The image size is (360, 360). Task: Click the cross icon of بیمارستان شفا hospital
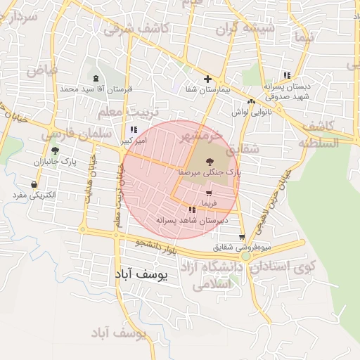point(207,79)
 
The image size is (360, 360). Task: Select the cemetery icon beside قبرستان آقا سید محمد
point(96,79)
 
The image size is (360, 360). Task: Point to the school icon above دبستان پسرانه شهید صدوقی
point(286,75)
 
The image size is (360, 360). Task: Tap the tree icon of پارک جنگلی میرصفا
point(209,162)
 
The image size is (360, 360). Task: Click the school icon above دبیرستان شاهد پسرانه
point(192,210)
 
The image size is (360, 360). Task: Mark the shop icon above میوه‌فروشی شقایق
point(242,238)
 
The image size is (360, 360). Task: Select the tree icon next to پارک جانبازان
point(55,151)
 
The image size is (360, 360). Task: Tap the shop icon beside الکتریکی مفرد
point(34,184)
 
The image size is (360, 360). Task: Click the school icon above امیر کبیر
point(134,130)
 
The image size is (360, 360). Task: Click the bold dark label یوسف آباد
point(140,276)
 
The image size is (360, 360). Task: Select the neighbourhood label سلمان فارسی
point(75,133)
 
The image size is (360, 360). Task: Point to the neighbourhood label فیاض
point(42,70)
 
